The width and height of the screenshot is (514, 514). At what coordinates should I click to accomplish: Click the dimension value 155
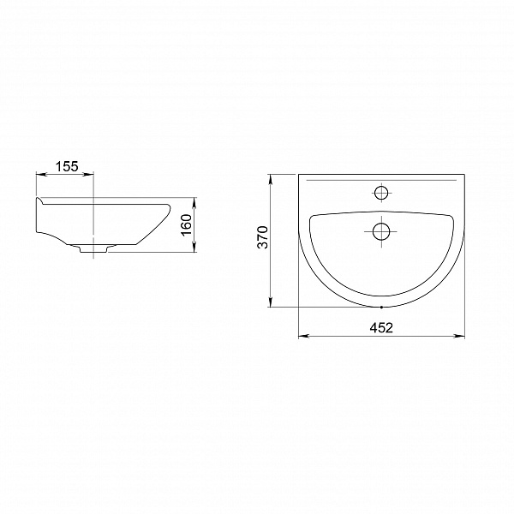coord(67,166)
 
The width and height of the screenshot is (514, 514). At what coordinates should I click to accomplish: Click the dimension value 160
coord(186,224)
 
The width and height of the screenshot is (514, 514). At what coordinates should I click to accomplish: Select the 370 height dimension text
coord(263,237)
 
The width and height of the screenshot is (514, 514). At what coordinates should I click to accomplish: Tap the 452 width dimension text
coord(381,327)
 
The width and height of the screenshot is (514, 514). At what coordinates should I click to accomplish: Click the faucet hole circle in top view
coord(381,193)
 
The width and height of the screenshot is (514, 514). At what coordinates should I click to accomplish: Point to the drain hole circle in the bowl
coord(381,231)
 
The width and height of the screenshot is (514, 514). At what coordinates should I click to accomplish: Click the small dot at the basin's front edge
coord(381,308)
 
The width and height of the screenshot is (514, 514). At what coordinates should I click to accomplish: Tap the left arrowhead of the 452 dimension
coord(303,336)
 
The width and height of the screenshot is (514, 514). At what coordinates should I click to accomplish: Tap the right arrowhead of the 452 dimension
coord(459,336)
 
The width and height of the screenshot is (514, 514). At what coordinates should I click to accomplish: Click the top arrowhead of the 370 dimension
coord(271,179)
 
